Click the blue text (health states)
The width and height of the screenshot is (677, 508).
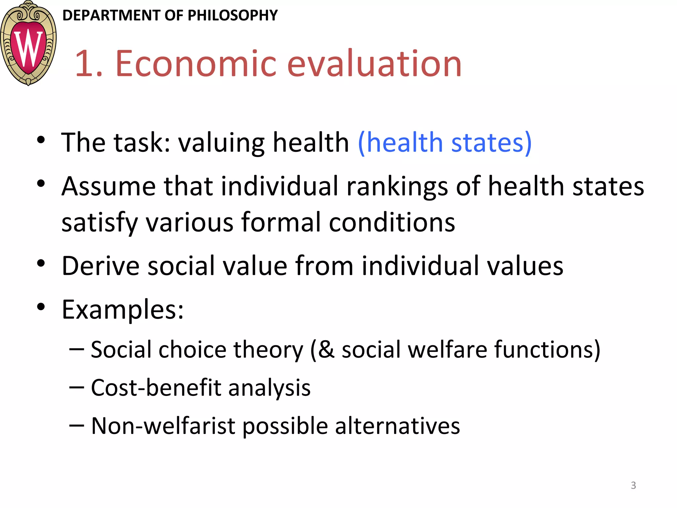coord(445,142)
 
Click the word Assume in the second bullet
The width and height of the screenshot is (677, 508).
coord(108,186)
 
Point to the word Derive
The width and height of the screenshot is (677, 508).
coord(100,266)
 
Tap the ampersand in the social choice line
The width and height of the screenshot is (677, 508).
coord(326,350)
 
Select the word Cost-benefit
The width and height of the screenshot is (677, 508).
coord(156,388)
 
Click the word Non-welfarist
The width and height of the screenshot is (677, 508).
coord(163,426)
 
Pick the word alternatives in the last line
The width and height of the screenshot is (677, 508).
coord(397,426)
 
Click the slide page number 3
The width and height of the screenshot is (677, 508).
coord(633,485)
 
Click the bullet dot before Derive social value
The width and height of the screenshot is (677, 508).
coord(41,263)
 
